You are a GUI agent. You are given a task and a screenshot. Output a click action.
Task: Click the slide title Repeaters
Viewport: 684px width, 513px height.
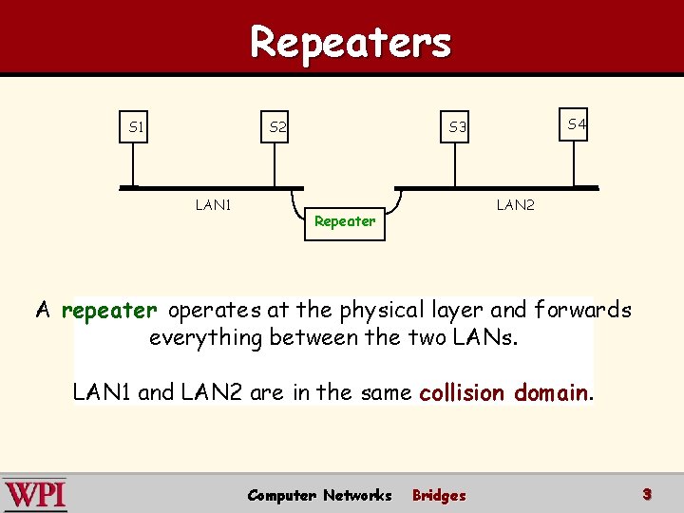click(x=351, y=42)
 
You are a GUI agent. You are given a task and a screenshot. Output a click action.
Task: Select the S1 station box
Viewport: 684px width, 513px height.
click(x=137, y=126)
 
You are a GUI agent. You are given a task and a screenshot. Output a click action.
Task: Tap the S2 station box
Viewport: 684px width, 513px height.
click(x=277, y=126)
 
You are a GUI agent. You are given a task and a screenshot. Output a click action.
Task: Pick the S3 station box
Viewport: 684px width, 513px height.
click(x=458, y=126)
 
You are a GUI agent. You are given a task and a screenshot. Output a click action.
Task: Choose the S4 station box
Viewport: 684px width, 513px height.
click(x=576, y=124)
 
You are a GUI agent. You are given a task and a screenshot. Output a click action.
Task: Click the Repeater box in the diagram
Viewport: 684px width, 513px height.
click(x=345, y=221)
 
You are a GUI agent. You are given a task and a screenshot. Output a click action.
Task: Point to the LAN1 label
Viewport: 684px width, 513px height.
click(x=214, y=204)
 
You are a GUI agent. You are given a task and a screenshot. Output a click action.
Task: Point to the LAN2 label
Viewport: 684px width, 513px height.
click(x=515, y=204)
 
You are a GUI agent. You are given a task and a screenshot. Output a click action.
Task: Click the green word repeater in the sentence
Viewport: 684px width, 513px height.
click(x=109, y=310)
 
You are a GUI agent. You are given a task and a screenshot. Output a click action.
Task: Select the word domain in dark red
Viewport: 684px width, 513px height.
click(x=553, y=392)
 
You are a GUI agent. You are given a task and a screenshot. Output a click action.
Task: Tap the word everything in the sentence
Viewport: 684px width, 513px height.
click(x=204, y=337)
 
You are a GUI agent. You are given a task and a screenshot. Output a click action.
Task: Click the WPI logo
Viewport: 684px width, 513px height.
click(x=35, y=495)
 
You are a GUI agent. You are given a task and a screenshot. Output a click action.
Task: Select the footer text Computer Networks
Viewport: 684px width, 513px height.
click(x=319, y=495)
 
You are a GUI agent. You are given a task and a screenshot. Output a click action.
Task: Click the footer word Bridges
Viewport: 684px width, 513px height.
click(x=439, y=495)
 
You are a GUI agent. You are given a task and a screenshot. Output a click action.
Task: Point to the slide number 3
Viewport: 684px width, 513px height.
click(x=646, y=494)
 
